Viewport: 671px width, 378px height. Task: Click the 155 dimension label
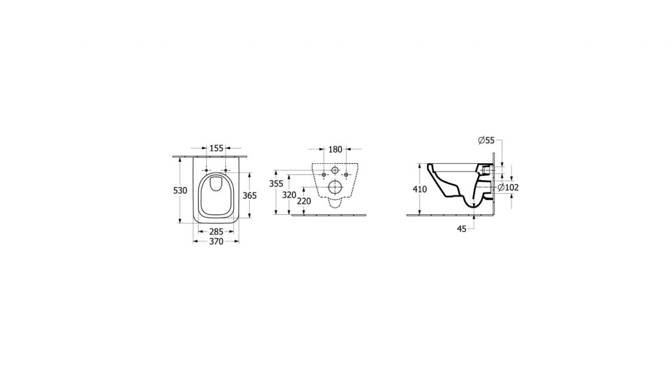pyautogui.click(x=216, y=148)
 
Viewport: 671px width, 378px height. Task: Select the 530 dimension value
pyautogui.click(x=180, y=191)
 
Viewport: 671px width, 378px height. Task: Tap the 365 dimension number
pyautogui.click(x=250, y=195)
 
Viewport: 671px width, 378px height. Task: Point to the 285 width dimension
pyautogui.click(x=216, y=232)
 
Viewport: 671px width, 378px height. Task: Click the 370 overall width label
pyautogui.click(x=216, y=242)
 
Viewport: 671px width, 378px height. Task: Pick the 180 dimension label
pyautogui.click(x=335, y=149)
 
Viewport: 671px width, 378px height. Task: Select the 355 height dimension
pyautogui.click(x=277, y=183)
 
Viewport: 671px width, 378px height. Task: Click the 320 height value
pyautogui.click(x=290, y=195)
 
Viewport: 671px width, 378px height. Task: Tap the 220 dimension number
pyautogui.click(x=304, y=200)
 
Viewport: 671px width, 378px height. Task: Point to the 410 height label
pyautogui.click(x=420, y=189)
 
